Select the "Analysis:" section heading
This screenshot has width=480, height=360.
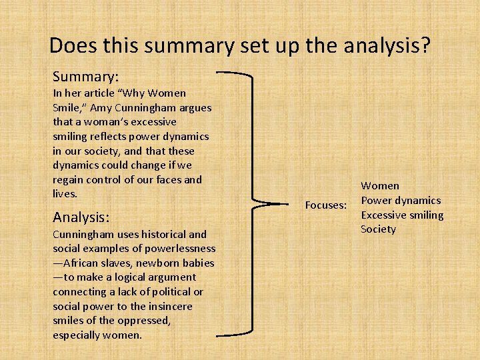(x=81, y=217)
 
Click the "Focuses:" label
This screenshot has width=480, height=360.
(x=326, y=205)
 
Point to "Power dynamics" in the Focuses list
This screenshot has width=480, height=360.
(x=401, y=200)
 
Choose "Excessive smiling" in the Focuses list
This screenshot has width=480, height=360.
(x=402, y=215)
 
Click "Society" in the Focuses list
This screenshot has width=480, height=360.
(x=378, y=229)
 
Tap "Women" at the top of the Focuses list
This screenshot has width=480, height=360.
(x=380, y=185)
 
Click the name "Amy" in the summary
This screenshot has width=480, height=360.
(x=110, y=107)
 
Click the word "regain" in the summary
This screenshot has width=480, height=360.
(x=69, y=179)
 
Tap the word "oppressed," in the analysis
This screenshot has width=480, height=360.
(x=145, y=321)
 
